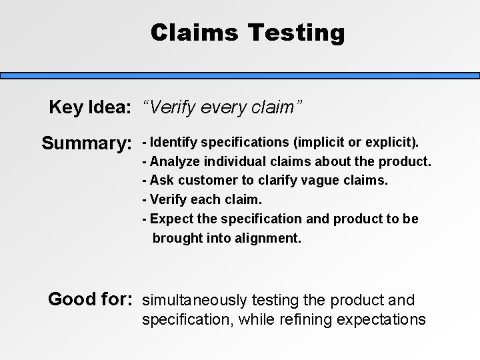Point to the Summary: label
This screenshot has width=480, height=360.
(x=85, y=143)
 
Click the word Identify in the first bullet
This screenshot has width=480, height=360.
(x=174, y=143)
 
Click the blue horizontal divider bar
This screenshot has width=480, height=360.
(x=240, y=75)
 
